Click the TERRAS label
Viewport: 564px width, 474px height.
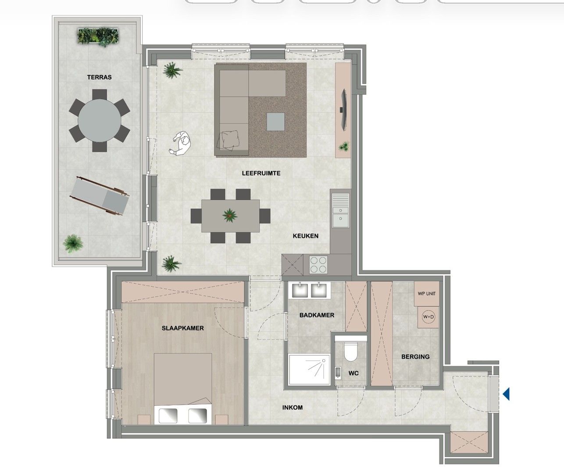(x=100, y=77)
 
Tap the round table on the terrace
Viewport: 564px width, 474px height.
(x=100, y=120)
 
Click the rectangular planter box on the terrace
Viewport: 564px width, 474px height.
(x=98, y=36)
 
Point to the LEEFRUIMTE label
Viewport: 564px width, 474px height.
(x=261, y=173)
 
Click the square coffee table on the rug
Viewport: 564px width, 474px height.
(x=275, y=122)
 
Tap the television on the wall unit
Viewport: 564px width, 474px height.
(x=344, y=110)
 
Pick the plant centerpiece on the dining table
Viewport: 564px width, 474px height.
(x=230, y=215)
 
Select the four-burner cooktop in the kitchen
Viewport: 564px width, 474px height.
(x=318, y=265)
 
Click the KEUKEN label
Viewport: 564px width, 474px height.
(x=306, y=236)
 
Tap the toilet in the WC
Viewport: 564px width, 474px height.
(x=351, y=352)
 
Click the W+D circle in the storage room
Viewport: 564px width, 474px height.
(x=428, y=317)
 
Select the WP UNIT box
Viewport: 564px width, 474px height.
(x=426, y=294)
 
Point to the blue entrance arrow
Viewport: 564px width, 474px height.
(x=506, y=394)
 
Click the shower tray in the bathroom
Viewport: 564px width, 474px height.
(x=309, y=370)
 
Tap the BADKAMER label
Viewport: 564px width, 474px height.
(x=317, y=315)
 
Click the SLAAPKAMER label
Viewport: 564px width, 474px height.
(x=182, y=328)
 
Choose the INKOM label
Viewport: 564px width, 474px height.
(x=292, y=407)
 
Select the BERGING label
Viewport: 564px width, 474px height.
(x=415, y=357)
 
